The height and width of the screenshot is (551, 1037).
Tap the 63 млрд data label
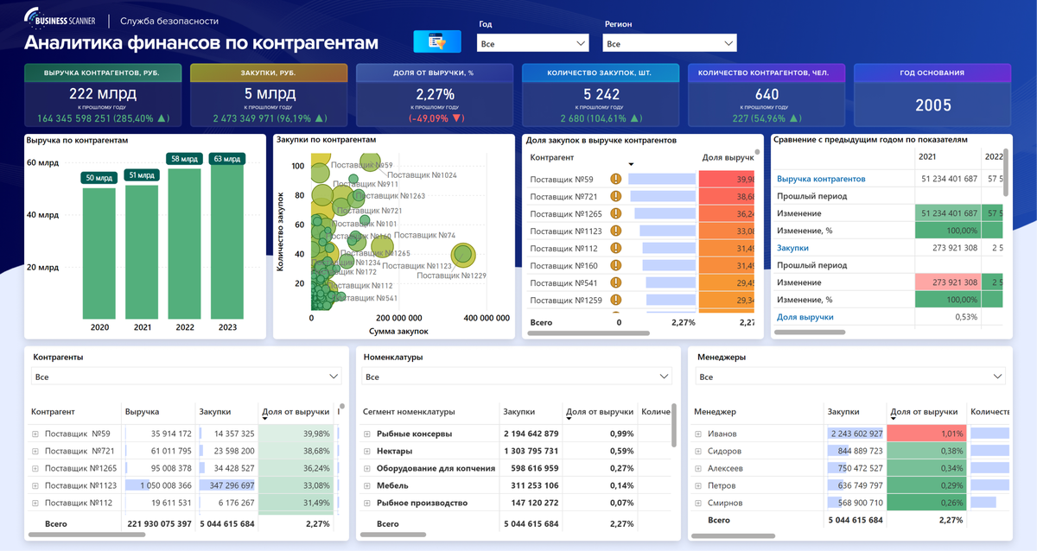pos(227,159)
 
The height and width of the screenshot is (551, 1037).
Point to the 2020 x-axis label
pos(99,327)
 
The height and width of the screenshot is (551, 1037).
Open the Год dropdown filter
pos(532,43)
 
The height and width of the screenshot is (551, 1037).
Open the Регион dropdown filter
pos(669,43)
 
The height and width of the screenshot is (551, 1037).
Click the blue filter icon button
pos(437,41)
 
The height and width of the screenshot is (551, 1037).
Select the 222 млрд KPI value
pos(103,93)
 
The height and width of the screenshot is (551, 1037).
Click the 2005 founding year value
pos(932,105)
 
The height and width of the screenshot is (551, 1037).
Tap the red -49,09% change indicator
pos(436,118)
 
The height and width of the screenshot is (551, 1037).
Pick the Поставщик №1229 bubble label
pos(451,275)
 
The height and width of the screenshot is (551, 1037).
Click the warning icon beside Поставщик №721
pos(616,196)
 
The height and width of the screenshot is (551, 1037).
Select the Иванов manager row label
pos(724,434)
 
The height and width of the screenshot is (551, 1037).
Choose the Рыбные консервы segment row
pos(414,434)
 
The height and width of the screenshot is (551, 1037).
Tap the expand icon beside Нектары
pos(367,451)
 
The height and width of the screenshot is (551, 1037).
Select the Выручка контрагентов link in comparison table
pos(820,179)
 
